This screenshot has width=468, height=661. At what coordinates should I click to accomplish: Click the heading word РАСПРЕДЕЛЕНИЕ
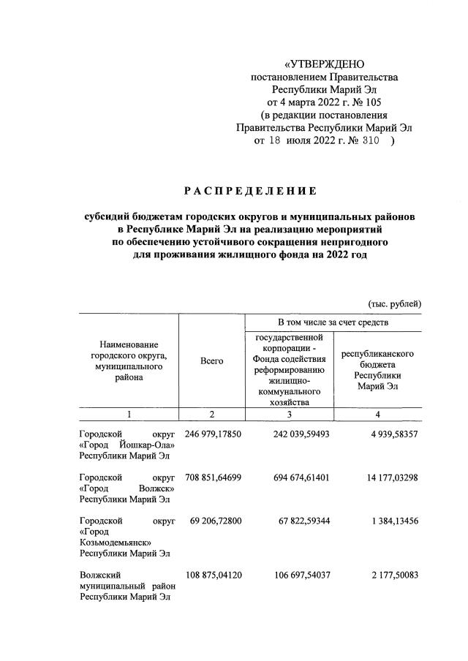(x=250, y=192)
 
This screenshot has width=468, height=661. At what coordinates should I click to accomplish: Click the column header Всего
(x=211, y=360)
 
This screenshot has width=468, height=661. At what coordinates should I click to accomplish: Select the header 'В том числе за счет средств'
(x=333, y=322)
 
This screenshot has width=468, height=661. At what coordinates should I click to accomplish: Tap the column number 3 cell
(x=289, y=415)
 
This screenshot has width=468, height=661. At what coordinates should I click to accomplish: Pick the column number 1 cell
(x=129, y=415)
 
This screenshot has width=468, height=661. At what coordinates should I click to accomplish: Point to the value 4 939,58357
(x=388, y=434)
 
